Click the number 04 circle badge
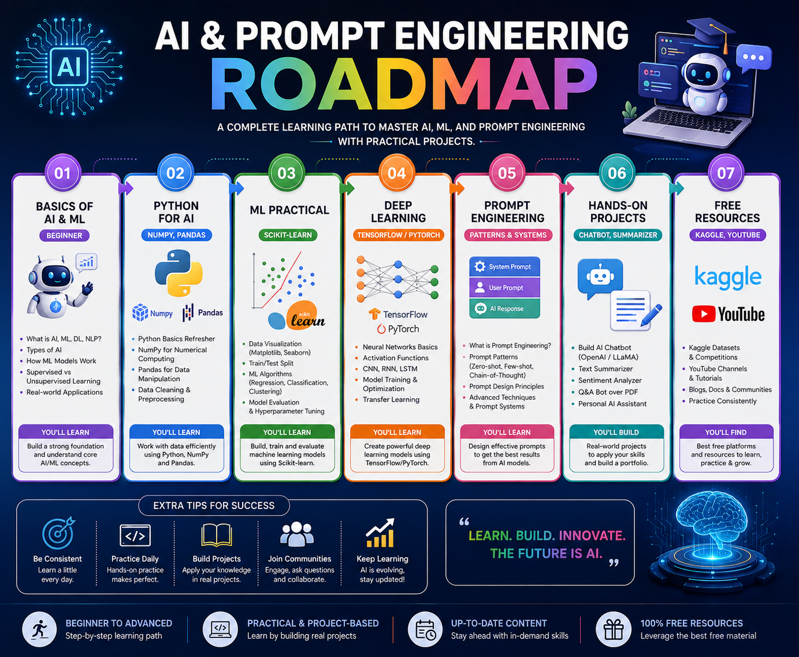pos(397,173)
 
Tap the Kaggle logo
pos(728,277)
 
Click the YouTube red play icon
pos(704,314)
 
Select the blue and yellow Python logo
pos(179,273)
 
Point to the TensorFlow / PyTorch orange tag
pos(398,235)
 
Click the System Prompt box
pos(504,267)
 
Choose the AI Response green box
pos(504,309)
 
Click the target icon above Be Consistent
pos(58,533)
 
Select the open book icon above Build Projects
pos(217,535)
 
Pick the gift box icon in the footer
pos(614,629)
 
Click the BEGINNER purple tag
pos(64,235)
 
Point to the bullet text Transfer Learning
pos(391,399)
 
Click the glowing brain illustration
pos(712,523)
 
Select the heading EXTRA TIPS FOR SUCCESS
pos(214,506)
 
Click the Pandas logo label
pos(203,313)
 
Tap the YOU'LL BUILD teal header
pos(616,432)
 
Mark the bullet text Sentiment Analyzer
pos(610,380)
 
